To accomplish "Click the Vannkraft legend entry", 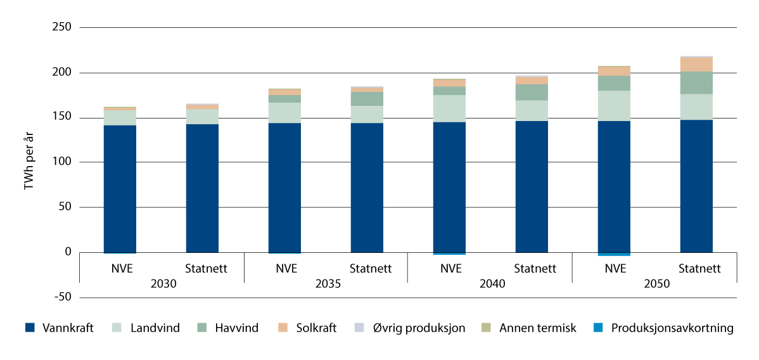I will tap(60, 328).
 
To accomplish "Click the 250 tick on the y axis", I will tap(62, 28).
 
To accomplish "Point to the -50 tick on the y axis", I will tap(62, 297).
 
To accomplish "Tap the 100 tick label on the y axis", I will tap(62, 163).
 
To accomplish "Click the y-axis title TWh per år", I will tap(29, 162).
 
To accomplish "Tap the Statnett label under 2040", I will tap(535, 268).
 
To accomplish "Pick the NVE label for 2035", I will tap(285, 268).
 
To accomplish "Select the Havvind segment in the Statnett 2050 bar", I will tap(696, 82).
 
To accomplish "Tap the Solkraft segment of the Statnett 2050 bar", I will tap(696, 65).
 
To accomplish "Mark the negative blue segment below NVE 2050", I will tap(614, 254).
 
